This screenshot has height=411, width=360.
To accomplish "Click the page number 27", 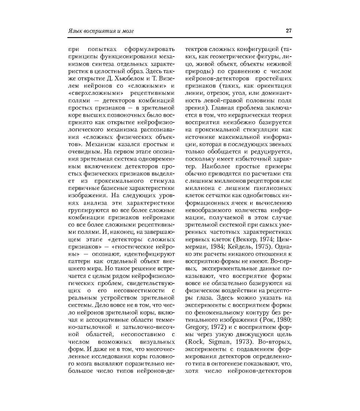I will click(x=288, y=31).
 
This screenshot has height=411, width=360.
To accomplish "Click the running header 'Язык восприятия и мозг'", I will click(x=101, y=31).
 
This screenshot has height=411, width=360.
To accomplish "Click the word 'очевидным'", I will click(x=84, y=152).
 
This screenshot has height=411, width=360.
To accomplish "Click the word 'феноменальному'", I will click(x=217, y=313).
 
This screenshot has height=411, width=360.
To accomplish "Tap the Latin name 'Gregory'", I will click(x=195, y=327).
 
